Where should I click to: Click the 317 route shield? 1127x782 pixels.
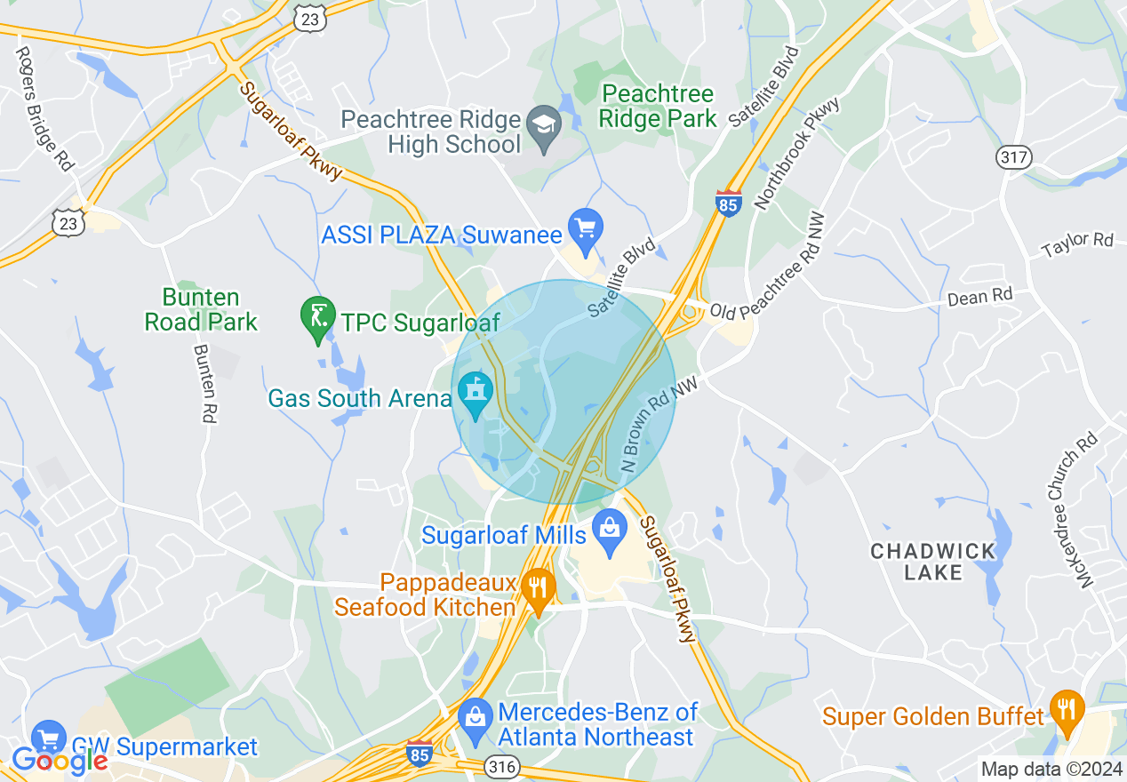point(1015,158)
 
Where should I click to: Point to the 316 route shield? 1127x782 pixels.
point(497,765)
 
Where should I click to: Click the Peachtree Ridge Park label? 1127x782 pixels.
point(657,106)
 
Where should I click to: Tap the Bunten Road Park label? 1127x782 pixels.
point(201,309)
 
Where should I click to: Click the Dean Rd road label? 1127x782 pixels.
point(979,297)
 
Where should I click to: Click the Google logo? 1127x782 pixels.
point(60,761)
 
